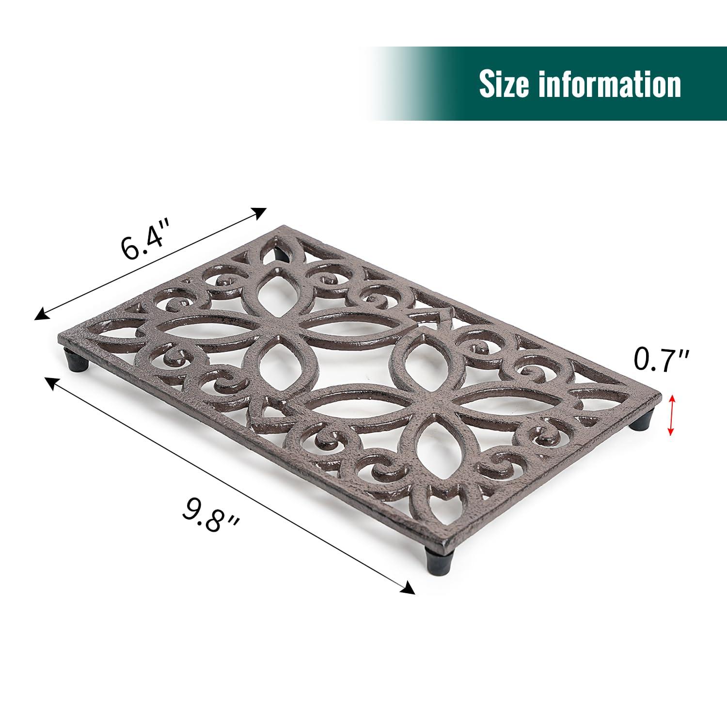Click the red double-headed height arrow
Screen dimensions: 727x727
tap(671, 415)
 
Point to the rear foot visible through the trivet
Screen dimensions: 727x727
tap(278, 252)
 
